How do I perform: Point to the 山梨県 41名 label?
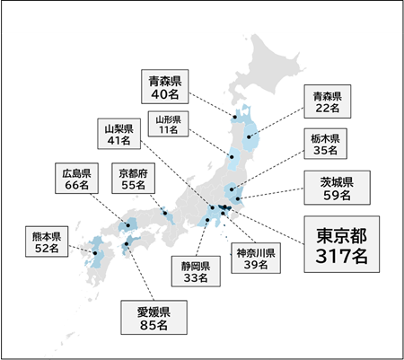click(x=119, y=133)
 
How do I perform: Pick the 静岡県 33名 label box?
click(x=191, y=271)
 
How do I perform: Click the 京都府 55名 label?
click(x=129, y=178)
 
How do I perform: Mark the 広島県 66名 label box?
click(x=78, y=178)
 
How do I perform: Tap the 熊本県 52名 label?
click(x=45, y=242)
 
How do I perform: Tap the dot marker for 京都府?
click(x=167, y=214)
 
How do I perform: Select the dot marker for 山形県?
click(x=233, y=157)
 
